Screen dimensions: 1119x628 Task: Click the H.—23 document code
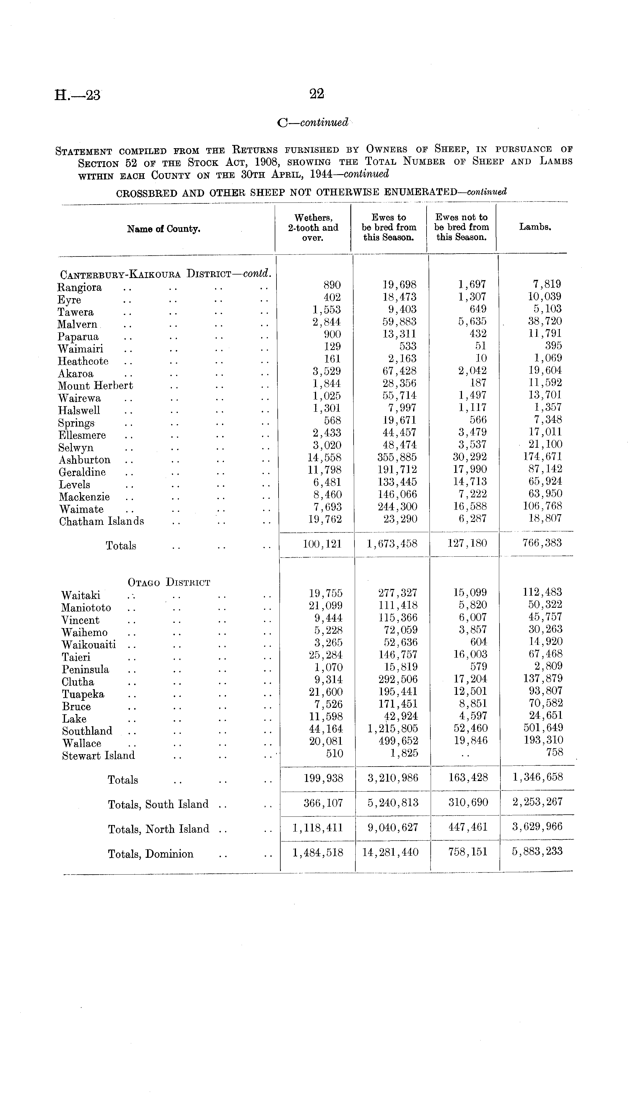click(x=77, y=95)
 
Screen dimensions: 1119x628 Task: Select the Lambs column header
click(x=535, y=227)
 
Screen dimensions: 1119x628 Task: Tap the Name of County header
click(x=163, y=229)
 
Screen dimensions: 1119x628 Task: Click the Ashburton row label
click(x=85, y=460)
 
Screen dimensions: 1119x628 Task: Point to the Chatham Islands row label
click(x=101, y=521)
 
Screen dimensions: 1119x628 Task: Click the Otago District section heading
click(x=169, y=582)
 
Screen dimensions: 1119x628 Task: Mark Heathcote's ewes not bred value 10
click(x=480, y=358)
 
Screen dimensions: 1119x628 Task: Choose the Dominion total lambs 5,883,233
click(x=537, y=851)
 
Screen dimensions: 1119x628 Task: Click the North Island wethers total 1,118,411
click(x=318, y=828)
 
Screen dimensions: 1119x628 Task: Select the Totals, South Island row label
click(x=158, y=805)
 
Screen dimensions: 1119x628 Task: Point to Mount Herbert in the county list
click(x=95, y=386)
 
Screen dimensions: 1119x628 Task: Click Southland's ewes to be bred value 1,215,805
click(x=393, y=728)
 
